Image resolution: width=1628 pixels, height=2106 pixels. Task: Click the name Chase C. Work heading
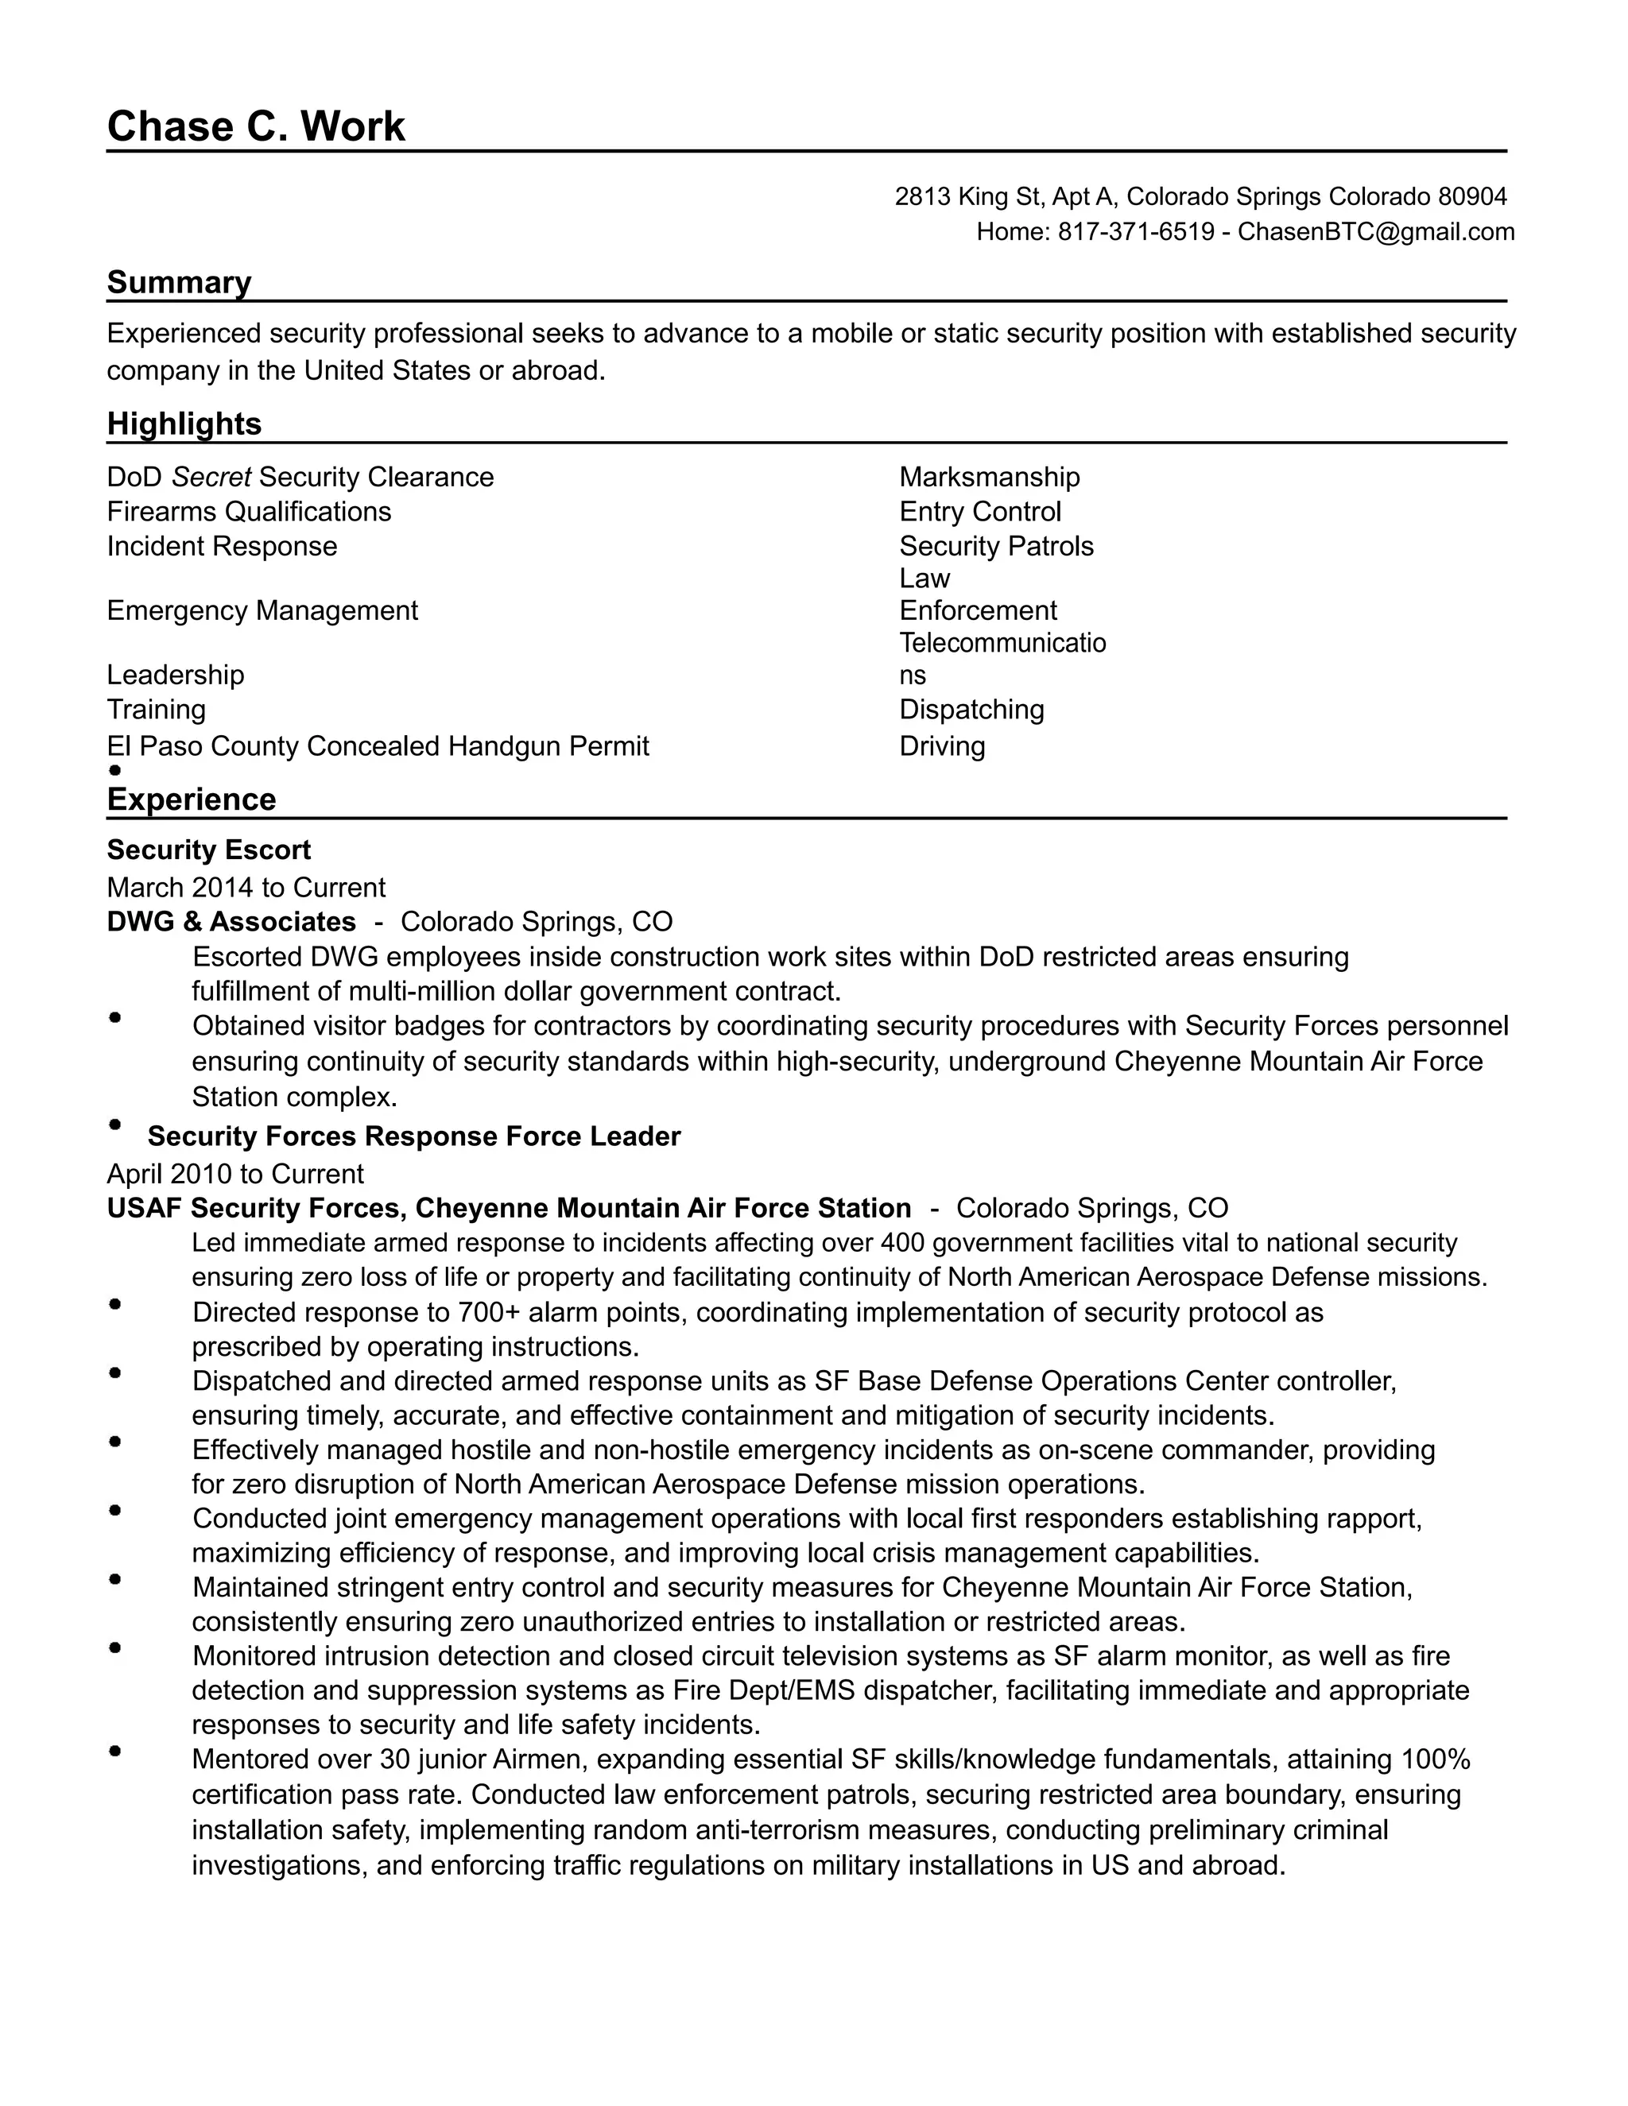point(256,126)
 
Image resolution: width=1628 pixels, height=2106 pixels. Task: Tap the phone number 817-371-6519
point(1135,231)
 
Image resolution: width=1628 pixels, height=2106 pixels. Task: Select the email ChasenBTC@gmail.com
point(1375,231)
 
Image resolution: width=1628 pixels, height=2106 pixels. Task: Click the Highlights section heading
point(184,424)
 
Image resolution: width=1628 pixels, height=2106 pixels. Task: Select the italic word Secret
point(211,478)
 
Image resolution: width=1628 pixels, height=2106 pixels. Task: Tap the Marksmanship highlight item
point(989,478)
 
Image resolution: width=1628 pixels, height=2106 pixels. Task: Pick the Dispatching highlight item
point(971,710)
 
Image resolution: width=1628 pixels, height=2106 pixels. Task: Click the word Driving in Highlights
point(941,746)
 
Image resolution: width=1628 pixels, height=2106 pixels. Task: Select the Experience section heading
point(191,799)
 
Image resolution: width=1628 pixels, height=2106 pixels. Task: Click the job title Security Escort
point(208,850)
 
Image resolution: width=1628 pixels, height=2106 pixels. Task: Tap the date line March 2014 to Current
point(246,887)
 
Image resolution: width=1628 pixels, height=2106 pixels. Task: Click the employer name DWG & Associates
point(231,922)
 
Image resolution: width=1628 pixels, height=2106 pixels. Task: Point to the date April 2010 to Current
point(235,1174)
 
